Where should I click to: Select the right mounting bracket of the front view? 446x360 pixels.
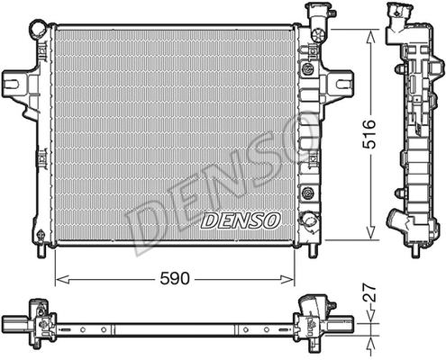click(337, 84)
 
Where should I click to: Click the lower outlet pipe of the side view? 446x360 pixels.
click(397, 221)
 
